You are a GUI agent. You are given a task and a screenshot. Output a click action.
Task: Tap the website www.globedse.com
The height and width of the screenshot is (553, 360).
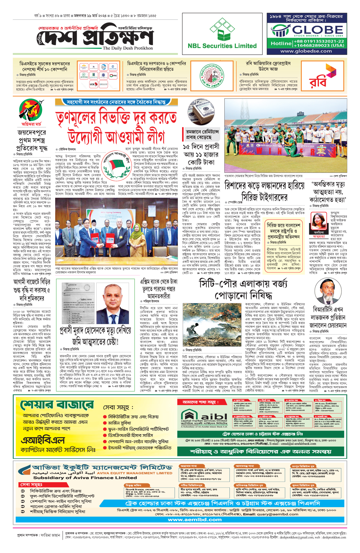[306, 51]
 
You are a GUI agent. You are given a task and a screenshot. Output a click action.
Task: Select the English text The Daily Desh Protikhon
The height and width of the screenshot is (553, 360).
[128, 48]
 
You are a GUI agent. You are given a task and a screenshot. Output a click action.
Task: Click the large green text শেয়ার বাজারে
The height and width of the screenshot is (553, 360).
[57, 405]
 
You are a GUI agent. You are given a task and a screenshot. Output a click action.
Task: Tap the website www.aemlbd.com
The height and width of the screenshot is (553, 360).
[195, 520]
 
